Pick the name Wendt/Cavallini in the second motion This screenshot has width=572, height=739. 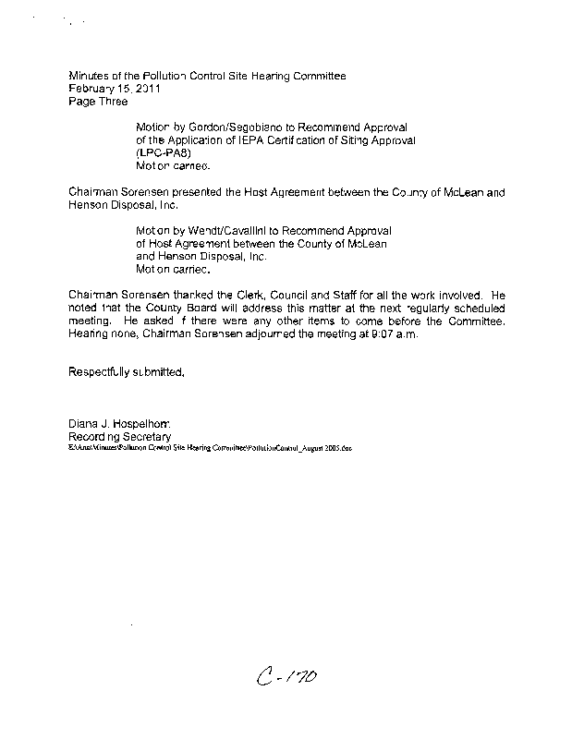[213, 230]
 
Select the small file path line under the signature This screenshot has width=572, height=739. [211, 447]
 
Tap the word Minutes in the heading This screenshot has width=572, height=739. [89, 75]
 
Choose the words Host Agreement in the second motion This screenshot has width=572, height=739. [186, 243]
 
